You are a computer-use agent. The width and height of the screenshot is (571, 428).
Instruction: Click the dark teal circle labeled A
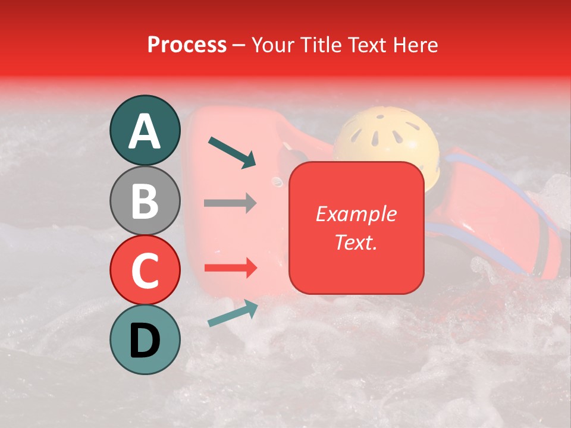click(145, 130)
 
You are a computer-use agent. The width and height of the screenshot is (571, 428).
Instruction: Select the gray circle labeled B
click(145, 200)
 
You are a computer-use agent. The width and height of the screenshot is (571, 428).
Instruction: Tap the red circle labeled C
click(145, 270)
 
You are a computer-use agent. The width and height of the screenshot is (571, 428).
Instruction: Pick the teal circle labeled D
click(145, 340)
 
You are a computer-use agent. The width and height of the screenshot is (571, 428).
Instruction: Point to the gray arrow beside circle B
click(230, 203)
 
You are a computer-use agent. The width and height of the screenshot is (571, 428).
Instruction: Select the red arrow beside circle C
click(230, 268)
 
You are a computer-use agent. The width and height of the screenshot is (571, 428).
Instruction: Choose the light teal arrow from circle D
click(233, 313)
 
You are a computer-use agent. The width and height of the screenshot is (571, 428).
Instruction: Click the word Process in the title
click(187, 45)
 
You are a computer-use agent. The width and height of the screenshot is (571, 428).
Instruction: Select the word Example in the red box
click(356, 214)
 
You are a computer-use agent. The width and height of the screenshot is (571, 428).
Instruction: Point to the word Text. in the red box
click(356, 242)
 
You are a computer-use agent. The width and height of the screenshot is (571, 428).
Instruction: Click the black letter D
click(145, 341)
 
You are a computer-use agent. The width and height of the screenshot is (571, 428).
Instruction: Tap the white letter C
click(145, 270)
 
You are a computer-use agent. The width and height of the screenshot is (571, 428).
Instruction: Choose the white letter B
click(145, 201)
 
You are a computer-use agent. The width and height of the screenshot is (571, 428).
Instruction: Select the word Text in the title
click(369, 45)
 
